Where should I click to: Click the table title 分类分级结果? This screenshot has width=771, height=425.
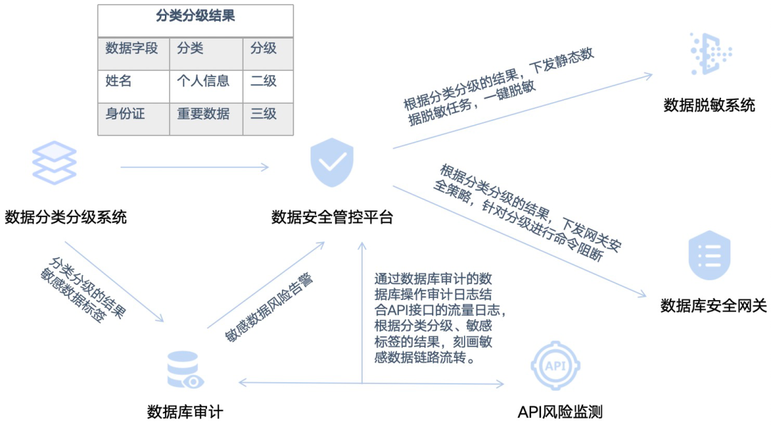point(195,16)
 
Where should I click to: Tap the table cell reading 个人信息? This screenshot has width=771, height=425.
point(203,81)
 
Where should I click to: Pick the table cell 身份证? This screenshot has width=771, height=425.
point(125,114)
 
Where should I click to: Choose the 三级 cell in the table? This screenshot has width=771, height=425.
point(263,114)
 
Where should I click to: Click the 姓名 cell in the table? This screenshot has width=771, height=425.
point(119,81)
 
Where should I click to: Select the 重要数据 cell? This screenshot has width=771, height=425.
point(203,114)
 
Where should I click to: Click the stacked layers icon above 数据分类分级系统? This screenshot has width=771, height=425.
point(54,163)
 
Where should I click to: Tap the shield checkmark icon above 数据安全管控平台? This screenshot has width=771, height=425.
point(332,164)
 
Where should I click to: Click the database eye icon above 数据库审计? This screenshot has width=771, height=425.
point(184,370)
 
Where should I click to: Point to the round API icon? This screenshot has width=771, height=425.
point(555,365)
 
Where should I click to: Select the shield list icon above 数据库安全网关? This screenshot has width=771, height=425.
point(709,255)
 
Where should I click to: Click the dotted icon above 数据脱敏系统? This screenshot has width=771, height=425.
point(710,54)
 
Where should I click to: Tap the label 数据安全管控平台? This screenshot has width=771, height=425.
point(332,217)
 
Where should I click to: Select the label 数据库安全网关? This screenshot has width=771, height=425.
point(713,306)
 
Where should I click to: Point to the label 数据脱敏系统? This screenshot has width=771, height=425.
point(709,106)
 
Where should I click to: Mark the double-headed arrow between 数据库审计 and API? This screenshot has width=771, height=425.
point(371,384)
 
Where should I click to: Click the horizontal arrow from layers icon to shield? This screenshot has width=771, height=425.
point(194,167)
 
